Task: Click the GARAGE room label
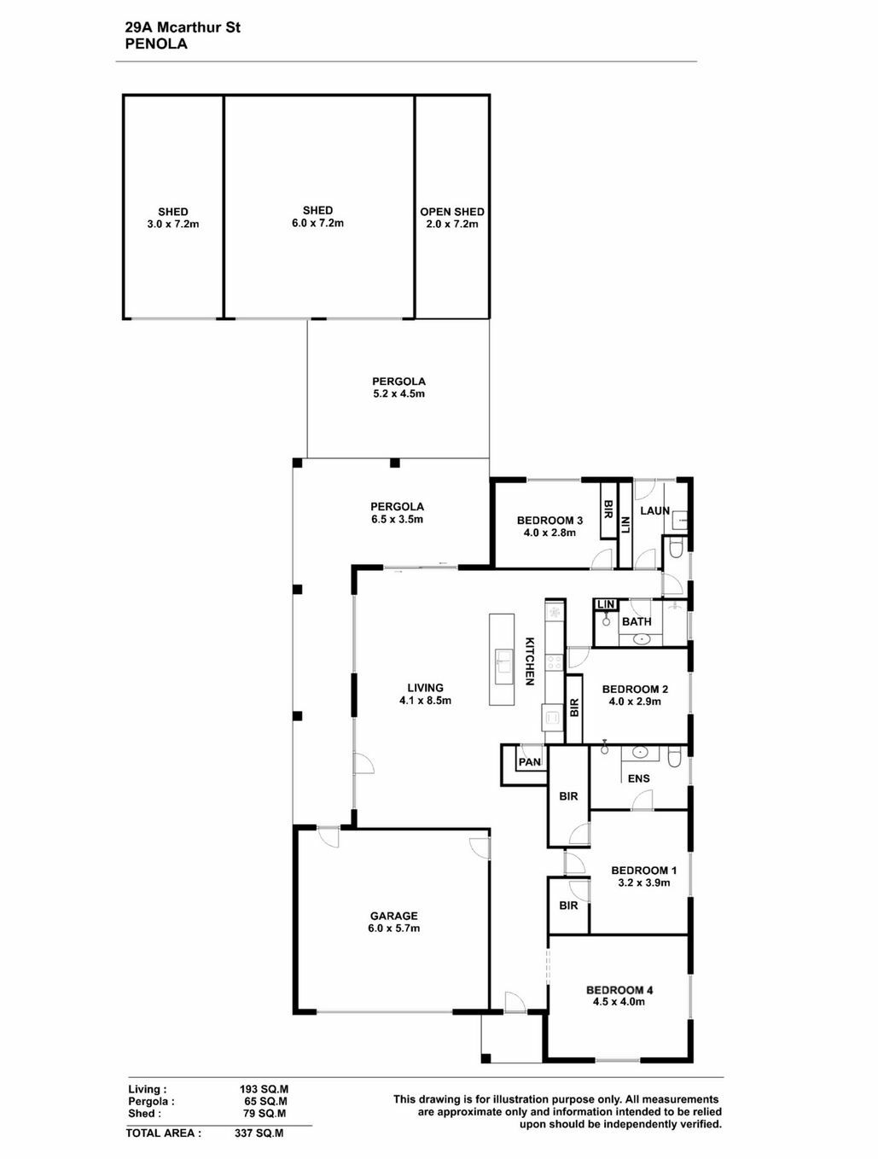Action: point(393,916)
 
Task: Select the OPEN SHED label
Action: point(451,212)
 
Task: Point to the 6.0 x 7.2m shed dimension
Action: point(317,224)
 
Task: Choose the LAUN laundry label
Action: point(654,510)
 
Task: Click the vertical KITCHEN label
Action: point(529,661)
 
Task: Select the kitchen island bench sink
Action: point(503,661)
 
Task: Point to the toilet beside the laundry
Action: point(676,549)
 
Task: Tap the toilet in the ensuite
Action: point(674,757)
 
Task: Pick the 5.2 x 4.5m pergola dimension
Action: point(398,393)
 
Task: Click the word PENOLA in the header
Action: point(156,44)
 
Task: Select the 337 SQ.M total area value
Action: point(259,1133)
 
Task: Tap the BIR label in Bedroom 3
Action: point(608,510)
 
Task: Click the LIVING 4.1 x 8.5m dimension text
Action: point(425,701)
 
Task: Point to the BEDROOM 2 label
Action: point(635,689)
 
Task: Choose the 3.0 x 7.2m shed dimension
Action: point(173,224)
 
